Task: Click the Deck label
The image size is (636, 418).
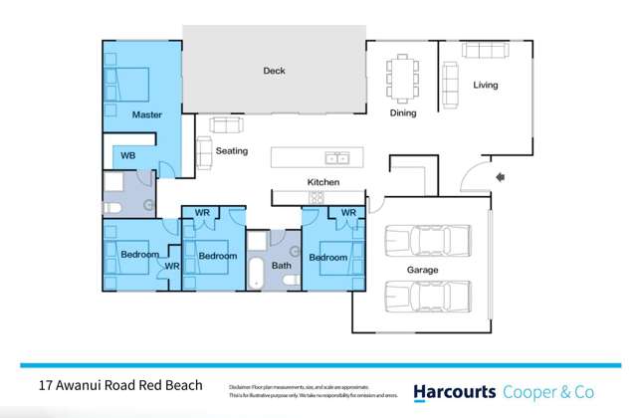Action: coord(274,71)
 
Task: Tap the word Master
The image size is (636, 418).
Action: coord(146,115)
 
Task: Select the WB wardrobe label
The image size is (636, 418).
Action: coord(128,156)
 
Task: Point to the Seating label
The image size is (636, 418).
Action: coord(231,151)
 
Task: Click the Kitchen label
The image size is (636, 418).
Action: coord(323,183)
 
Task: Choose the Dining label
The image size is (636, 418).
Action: coord(402,113)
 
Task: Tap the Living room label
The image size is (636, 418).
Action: coord(485,85)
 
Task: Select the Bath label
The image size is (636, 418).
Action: coord(281,266)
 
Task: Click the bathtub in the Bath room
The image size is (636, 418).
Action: coord(256,272)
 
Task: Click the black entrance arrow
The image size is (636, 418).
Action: coord(500,177)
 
